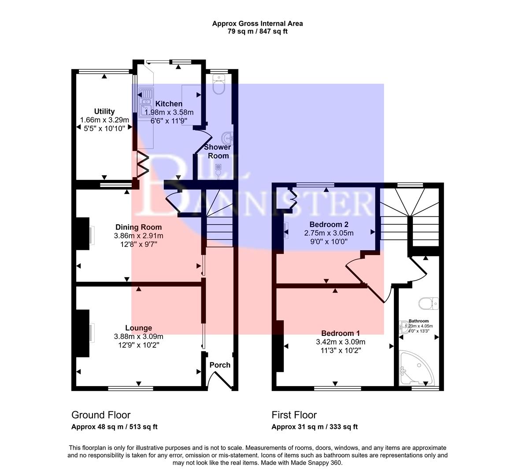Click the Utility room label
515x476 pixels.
click(x=104, y=112)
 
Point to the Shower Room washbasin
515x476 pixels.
click(x=228, y=138)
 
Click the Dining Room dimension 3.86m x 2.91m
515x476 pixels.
click(x=138, y=235)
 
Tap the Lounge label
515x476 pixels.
click(x=138, y=328)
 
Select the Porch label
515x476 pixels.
click(x=220, y=365)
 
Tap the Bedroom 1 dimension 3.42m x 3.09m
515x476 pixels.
click(x=341, y=342)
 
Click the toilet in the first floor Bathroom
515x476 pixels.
click(x=427, y=303)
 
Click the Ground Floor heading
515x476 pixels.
click(x=101, y=415)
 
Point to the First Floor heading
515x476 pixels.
click(x=294, y=415)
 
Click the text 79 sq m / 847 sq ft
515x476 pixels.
click(x=257, y=31)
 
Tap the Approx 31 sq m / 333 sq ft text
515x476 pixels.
click(x=315, y=427)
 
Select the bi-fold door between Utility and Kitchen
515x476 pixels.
click(x=143, y=164)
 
